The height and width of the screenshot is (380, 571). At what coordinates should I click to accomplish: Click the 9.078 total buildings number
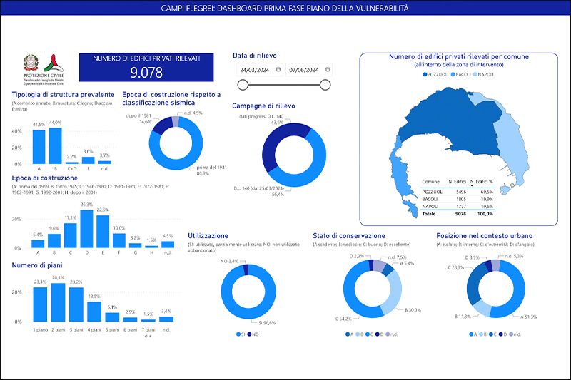(146, 72)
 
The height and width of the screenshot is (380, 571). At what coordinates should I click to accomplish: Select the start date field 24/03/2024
(255, 70)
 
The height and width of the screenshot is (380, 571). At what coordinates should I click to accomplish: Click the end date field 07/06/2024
(304, 70)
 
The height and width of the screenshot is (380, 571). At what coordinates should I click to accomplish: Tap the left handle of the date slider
(243, 85)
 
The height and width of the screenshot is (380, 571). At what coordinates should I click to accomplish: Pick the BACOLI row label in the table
(430, 199)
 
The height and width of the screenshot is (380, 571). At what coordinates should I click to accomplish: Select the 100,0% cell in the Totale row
(485, 213)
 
